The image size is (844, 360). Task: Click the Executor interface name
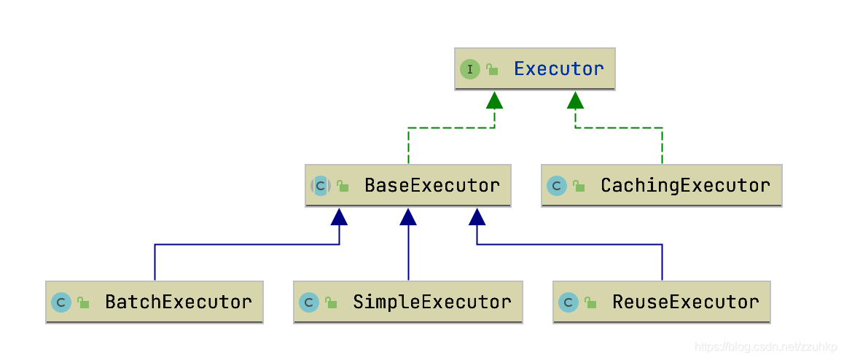tap(558, 69)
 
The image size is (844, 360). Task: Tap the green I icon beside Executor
tap(470, 69)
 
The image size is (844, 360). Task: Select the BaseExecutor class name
tap(431, 185)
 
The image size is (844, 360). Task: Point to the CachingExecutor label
tap(684, 185)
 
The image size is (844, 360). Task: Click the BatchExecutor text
tap(179, 302)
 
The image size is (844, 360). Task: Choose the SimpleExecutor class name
tap(431, 302)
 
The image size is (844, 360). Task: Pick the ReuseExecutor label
tap(685, 302)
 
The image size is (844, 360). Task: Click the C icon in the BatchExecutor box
tap(61, 302)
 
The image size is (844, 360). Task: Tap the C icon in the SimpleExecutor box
tap(309, 302)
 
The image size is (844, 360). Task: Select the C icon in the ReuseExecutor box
tap(568, 302)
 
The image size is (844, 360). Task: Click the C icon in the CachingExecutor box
tap(557, 186)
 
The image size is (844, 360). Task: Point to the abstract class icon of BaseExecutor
tap(321, 186)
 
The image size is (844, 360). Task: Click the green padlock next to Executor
tap(493, 70)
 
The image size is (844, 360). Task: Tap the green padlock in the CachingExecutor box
tap(579, 187)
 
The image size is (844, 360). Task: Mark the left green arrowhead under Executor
tap(494, 100)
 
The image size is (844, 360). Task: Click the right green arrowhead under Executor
tap(576, 100)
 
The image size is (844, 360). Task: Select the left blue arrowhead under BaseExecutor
tap(339, 216)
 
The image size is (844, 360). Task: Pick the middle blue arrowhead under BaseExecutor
tap(408, 216)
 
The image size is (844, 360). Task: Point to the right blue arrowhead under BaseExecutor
tap(477, 216)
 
